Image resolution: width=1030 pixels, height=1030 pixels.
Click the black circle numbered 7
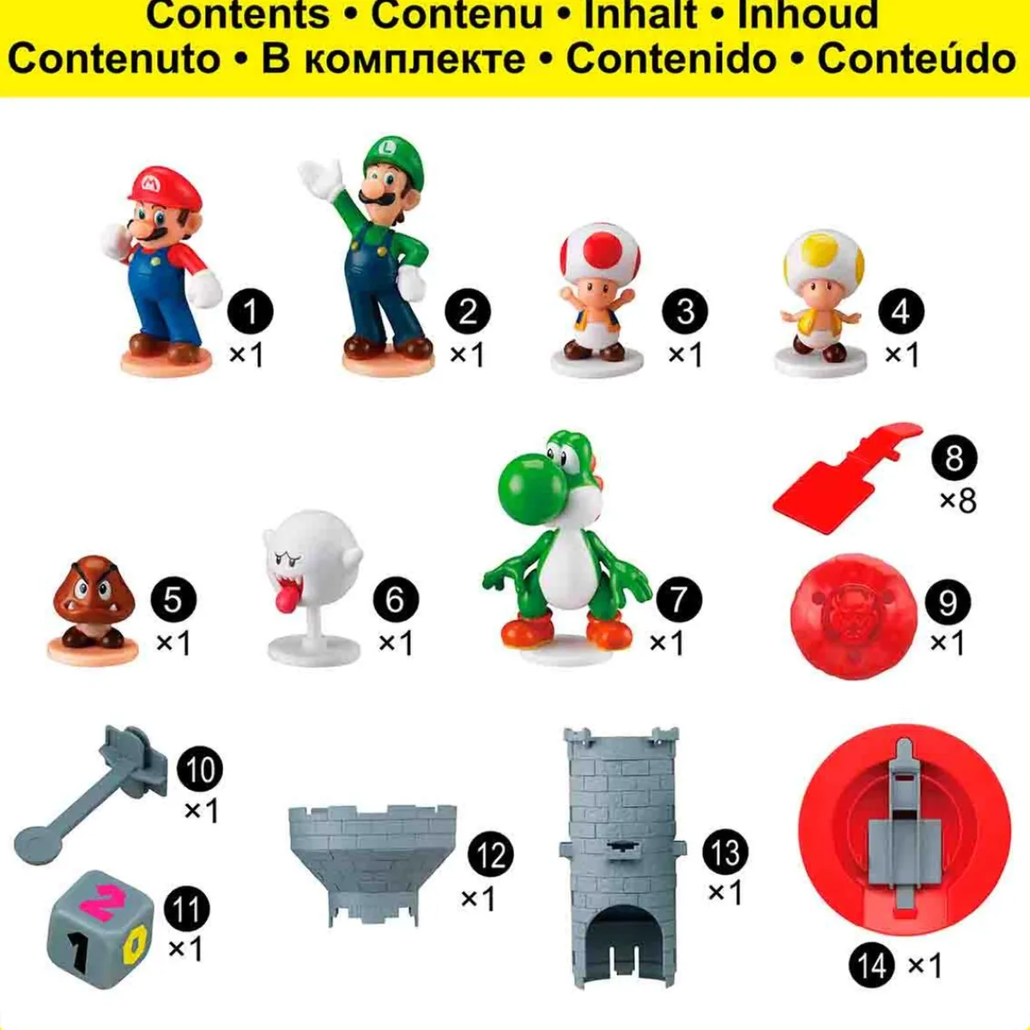678,599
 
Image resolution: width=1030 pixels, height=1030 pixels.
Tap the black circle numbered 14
872,966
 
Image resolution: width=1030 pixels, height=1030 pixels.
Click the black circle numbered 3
685,312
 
